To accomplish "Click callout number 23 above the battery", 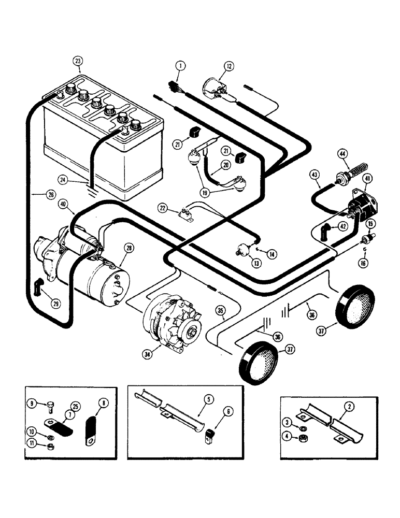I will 77,61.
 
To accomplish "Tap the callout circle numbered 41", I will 367,179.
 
